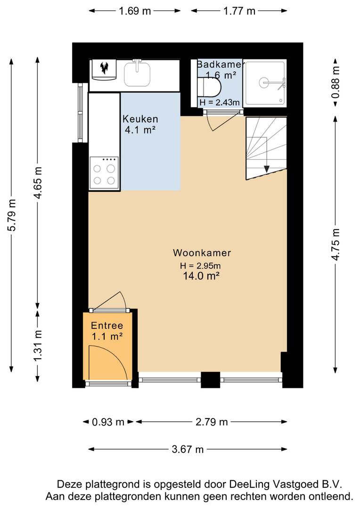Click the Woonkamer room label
pyautogui.click(x=202, y=253)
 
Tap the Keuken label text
pyautogui.click(x=140, y=119)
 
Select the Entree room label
pyautogui.click(x=107, y=326)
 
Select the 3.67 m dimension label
pyautogui.click(x=188, y=449)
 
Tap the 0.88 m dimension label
pyautogui.click(x=335, y=82)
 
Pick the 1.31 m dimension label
pyautogui.click(x=38, y=345)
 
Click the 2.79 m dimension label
pyautogui.click(x=212, y=422)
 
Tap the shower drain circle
pyautogui.click(x=264, y=82)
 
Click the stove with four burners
pyautogui.click(x=104, y=172)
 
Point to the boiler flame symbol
pyautogui.click(x=104, y=67)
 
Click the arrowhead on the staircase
pyautogui.click(x=267, y=169)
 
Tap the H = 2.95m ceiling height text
pyautogui.click(x=200, y=266)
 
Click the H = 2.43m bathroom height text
pyautogui.click(x=220, y=103)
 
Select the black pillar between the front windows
pyautogui.click(x=210, y=379)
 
